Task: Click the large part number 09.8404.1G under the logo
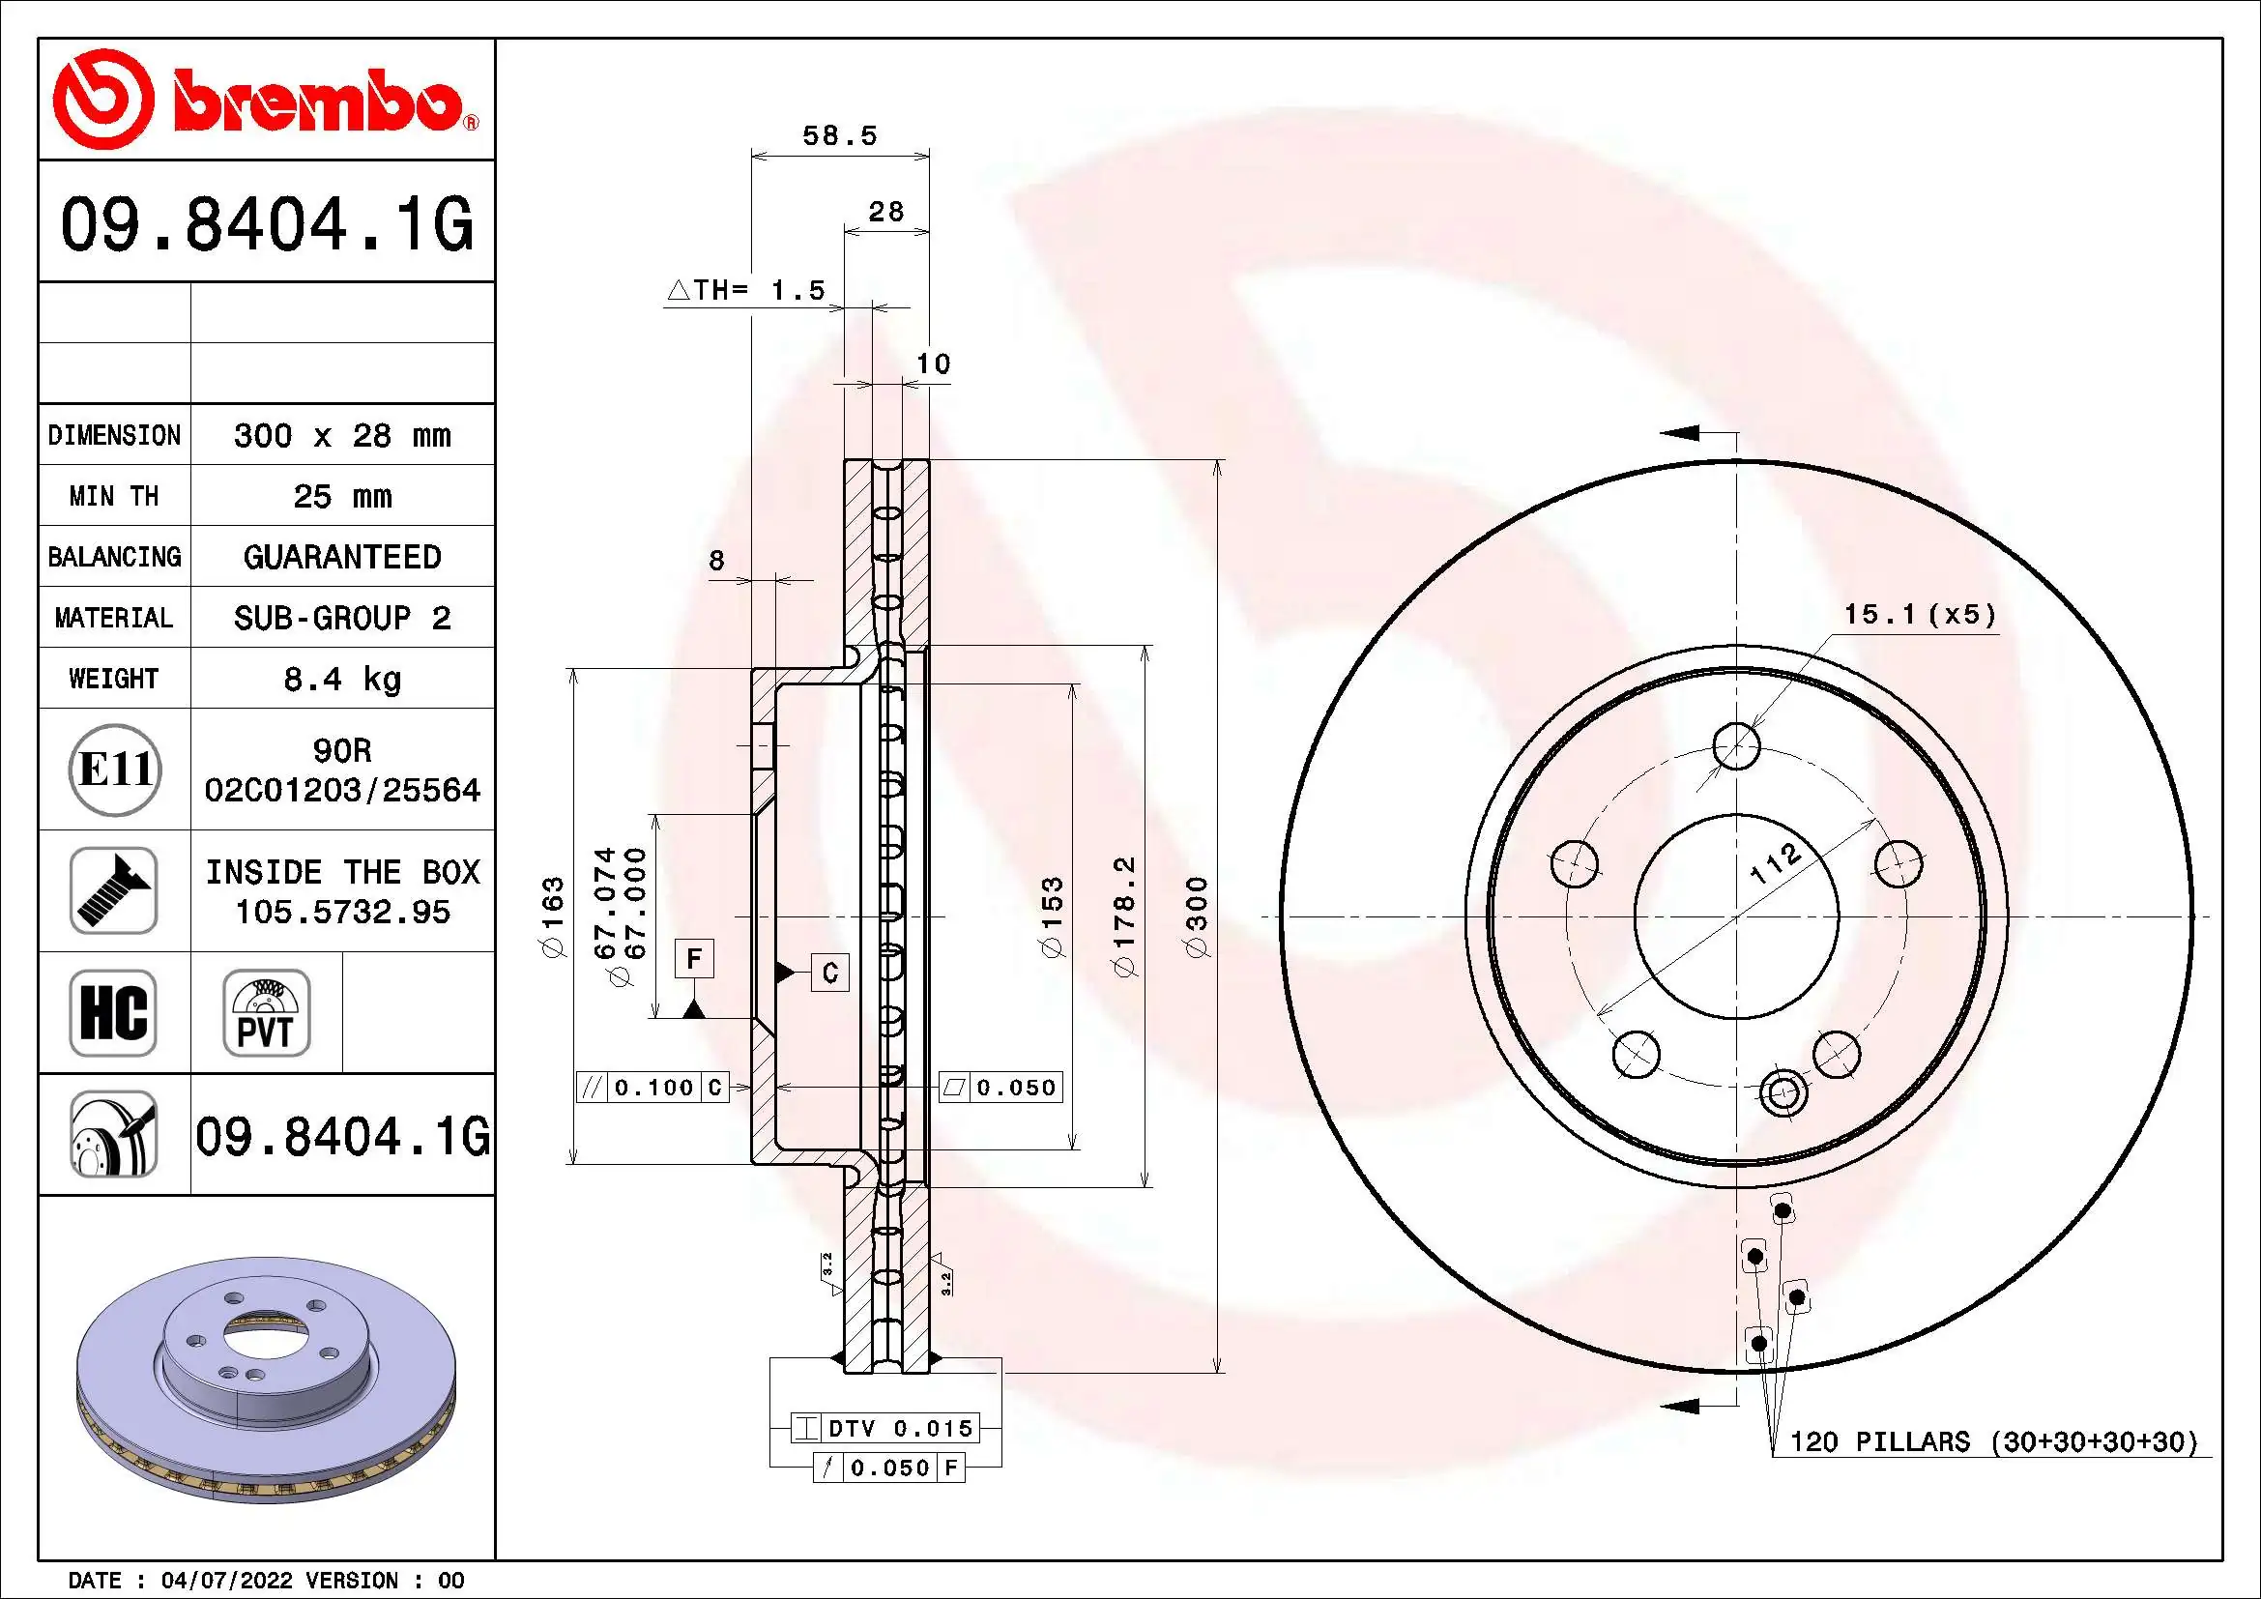[x=267, y=224]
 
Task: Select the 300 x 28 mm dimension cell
[x=341, y=435]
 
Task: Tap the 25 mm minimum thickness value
[x=341, y=496]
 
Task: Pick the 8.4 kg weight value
[x=341, y=679]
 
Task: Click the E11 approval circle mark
[x=114, y=769]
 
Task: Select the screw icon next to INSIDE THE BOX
[x=114, y=890]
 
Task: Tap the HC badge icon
[x=113, y=1012]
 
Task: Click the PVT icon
[x=266, y=1012]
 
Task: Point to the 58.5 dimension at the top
[x=839, y=135]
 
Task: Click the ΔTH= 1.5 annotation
[x=746, y=290]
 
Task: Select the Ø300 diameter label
[x=1197, y=916]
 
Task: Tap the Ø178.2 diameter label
[x=1124, y=916]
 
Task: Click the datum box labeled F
[x=694, y=958]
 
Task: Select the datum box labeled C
[x=830, y=973]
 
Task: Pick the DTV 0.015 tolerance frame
[x=897, y=1428]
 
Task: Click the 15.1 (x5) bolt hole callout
[x=1920, y=615]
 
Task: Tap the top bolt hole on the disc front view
[x=1736, y=745]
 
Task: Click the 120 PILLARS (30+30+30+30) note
[x=1993, y=1441]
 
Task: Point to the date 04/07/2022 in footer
[x=226, y=1581]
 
